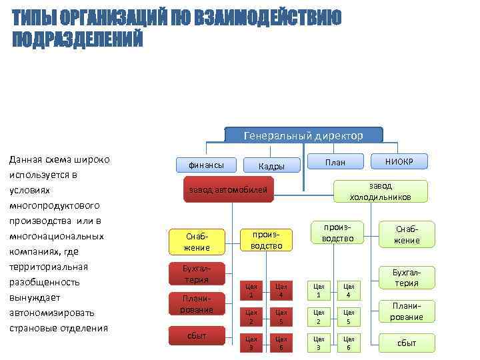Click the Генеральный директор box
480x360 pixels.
(x=303, y=135)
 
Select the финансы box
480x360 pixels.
(x=205, y=164)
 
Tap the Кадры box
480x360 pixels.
(x=272, y=166)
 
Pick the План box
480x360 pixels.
(x=335, y=162)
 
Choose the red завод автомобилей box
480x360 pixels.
(x=228, y=190)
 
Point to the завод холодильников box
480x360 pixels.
(x=380, y=191)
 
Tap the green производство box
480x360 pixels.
(x=339, y=232)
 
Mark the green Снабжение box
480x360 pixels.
(x=407, y=234)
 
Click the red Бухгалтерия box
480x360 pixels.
(x=197, y=273)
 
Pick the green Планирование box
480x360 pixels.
(x=407, y=311)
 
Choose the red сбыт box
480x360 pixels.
(x=197, y=335)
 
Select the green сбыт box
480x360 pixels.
(x=407, y=343)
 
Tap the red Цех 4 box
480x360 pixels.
(x=282, y=291)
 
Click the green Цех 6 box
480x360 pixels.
(x=348, y=343)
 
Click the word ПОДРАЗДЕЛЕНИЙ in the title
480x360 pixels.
(x=78, y=39)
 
